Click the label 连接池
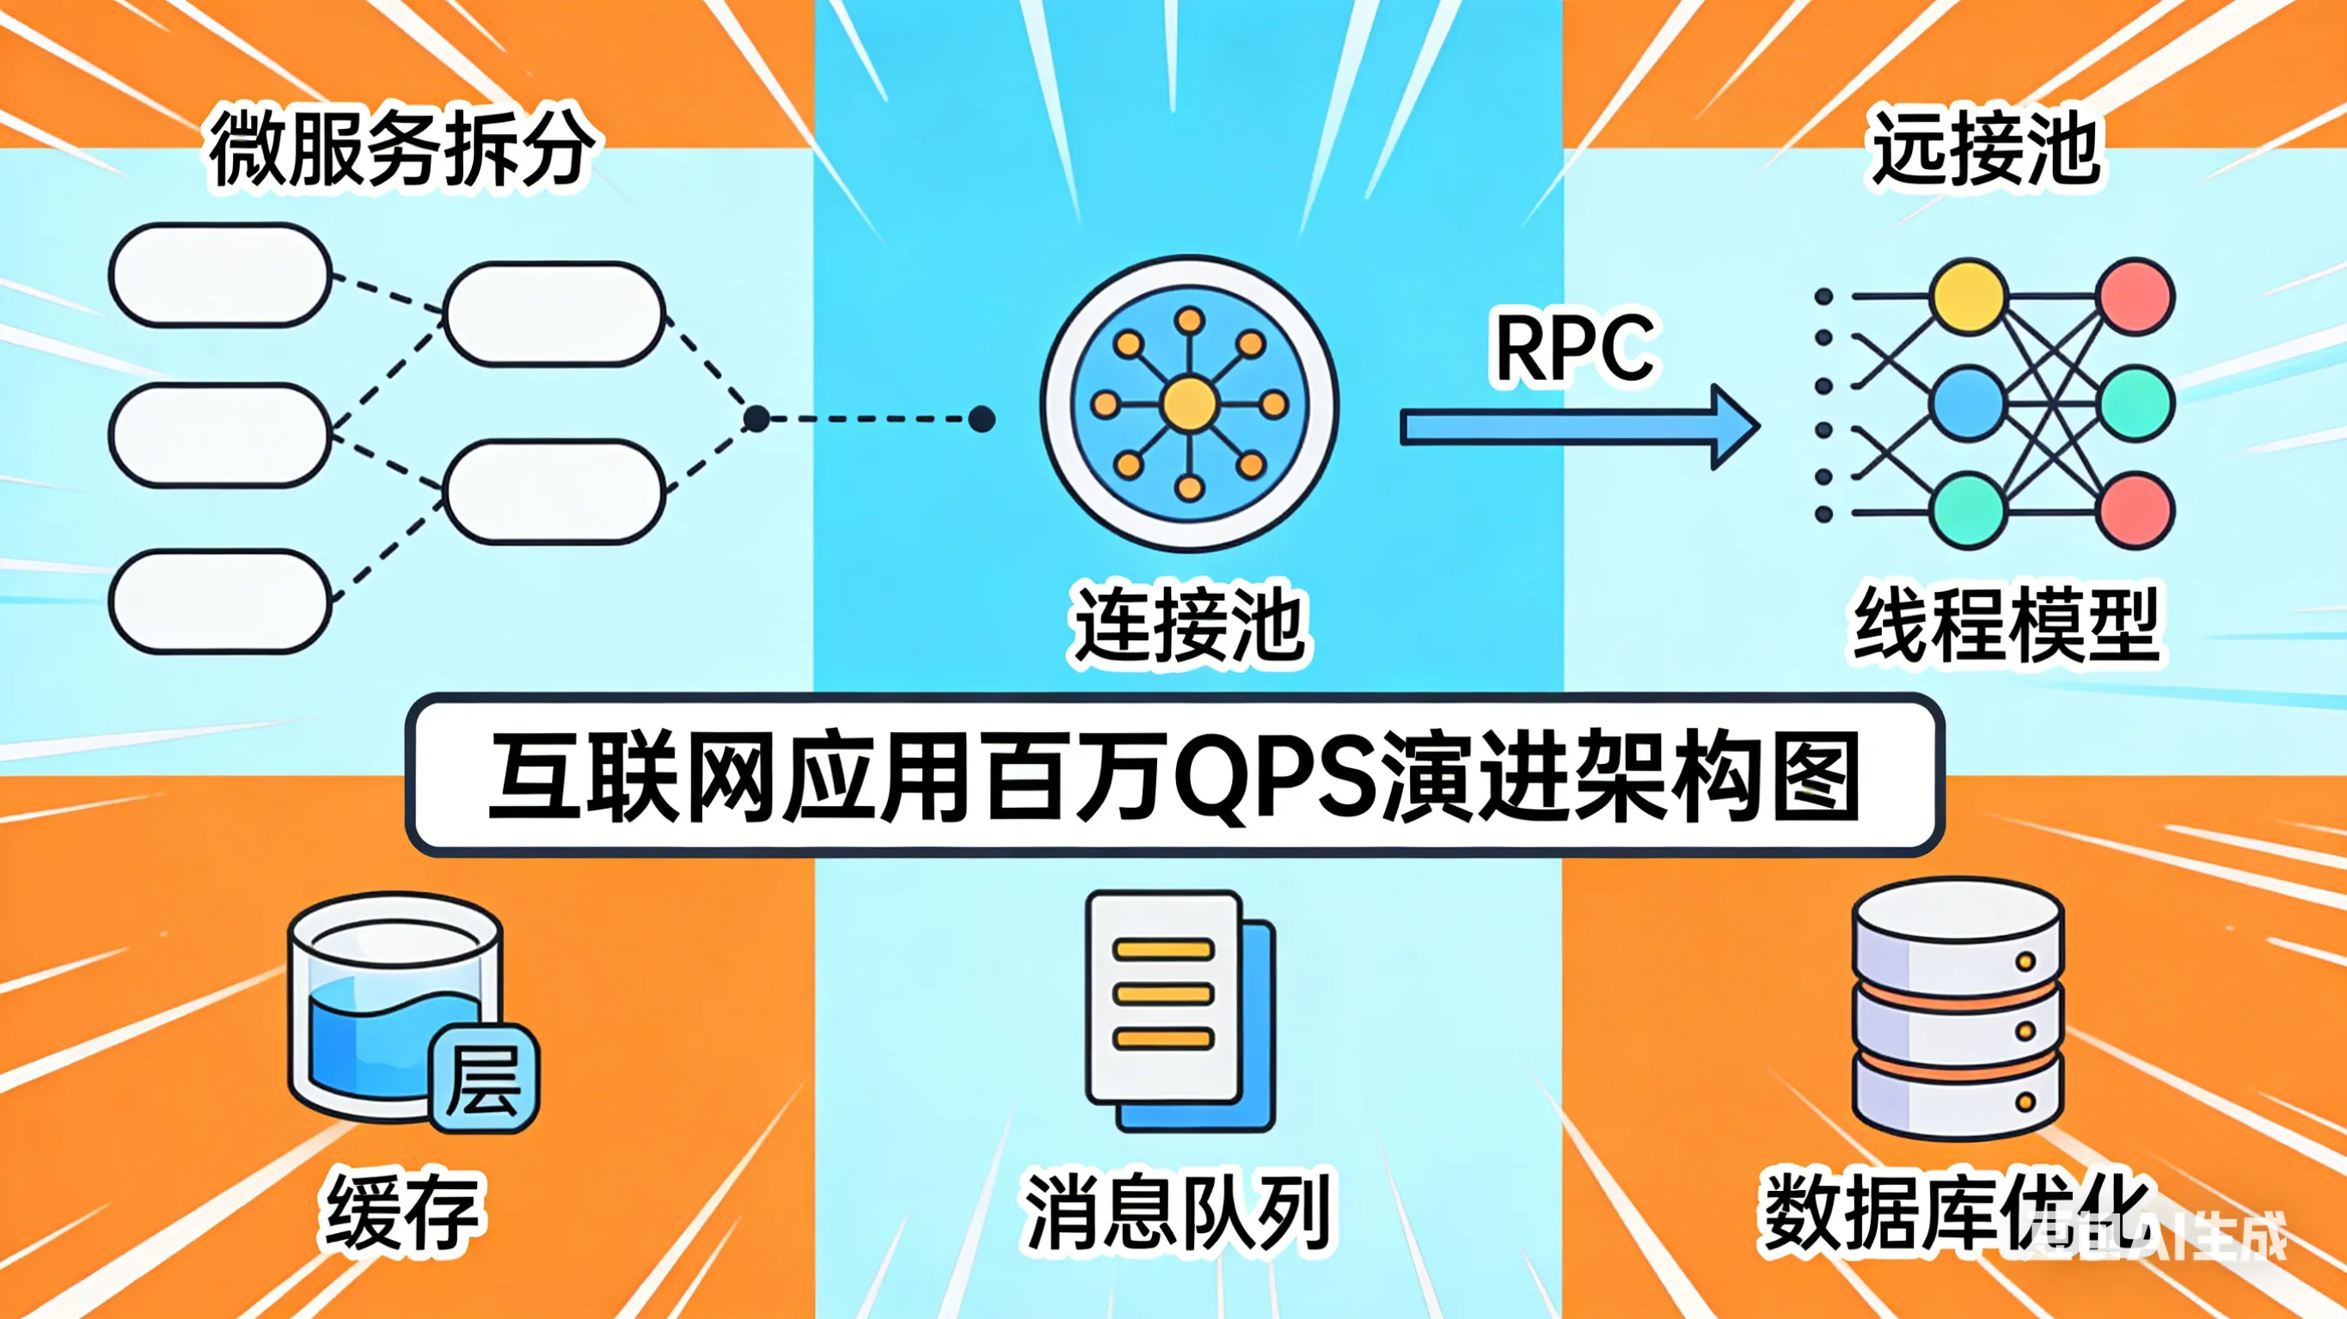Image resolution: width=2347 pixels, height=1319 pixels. coord(1189,626)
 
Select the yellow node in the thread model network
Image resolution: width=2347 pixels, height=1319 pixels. coord(1968,297)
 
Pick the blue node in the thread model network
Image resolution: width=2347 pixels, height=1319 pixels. coord(1968,404)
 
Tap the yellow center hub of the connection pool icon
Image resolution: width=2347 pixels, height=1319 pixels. coord(1189,404)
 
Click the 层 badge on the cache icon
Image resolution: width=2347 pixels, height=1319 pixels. coord(484,1079)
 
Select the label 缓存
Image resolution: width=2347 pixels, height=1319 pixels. coord(401,1212)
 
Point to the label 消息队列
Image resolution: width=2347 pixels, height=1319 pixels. coord(1177,1212)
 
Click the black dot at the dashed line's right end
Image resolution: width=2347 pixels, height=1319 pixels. coord(981,419)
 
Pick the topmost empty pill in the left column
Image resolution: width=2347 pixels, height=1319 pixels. coord(219,275)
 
